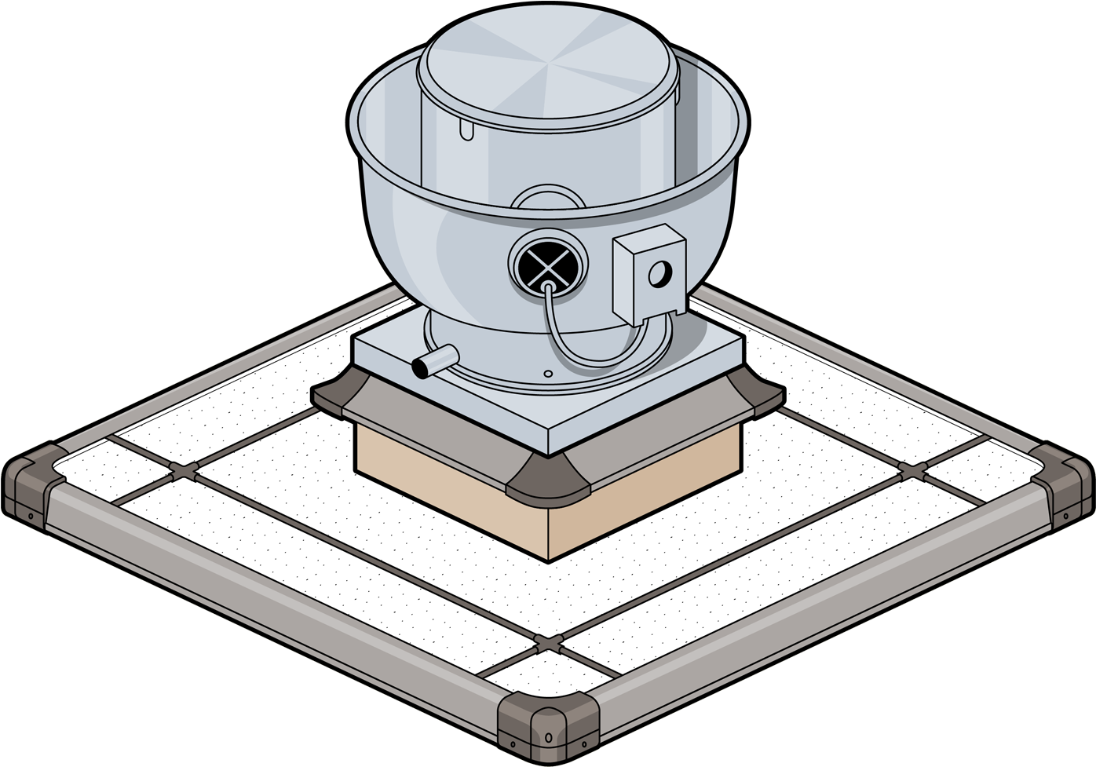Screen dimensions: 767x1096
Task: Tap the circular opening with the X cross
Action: coord(547,262)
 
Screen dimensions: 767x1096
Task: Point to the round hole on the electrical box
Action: coord(660,272)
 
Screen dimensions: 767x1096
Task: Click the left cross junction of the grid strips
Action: coord(181,471)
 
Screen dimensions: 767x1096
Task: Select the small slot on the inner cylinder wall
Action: coord(467,130)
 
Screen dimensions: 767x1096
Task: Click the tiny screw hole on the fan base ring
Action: coord(547,374)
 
